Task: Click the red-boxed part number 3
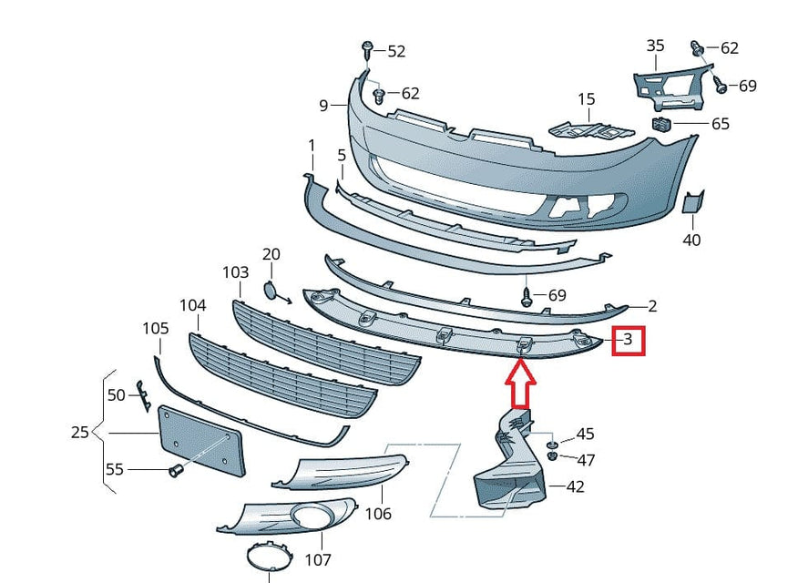click(629, 341)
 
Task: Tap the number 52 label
click(396, 52)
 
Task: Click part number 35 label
click(655, 46)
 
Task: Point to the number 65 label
click(720, 124)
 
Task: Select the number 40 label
click(691, 240)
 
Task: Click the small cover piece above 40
click(693, 203)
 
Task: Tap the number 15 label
click(586, 99)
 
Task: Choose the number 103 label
click(235, 272)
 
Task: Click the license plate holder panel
click(201, 441)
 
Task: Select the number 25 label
click(80, 431)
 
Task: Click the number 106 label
click(378, 514)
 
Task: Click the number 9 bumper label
click(323, 106)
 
